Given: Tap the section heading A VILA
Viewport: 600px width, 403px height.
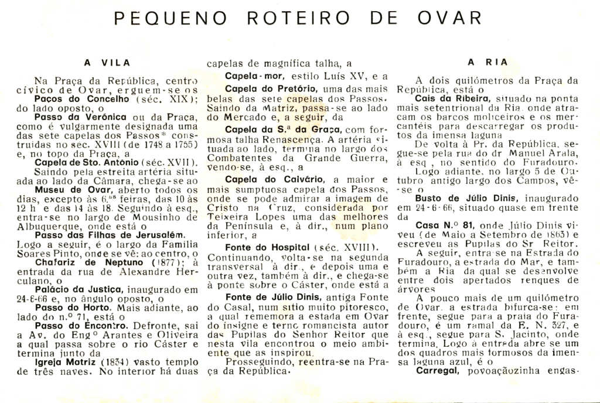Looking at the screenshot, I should pyautogui.click(x=107, y=62).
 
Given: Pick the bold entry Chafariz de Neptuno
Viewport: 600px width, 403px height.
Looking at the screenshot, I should pyautogui.click(x=80, y=263).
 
